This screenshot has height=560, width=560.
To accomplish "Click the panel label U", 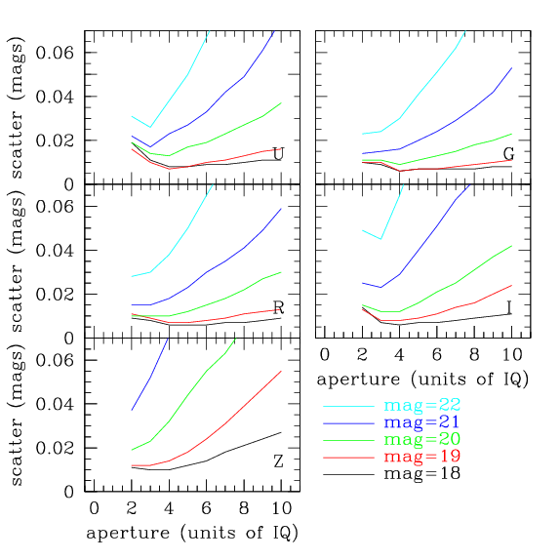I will click(x=278, y=154).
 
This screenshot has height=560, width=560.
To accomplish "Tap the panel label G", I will click(x=508, y=154).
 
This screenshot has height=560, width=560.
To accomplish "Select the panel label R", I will click(x=278, y=308).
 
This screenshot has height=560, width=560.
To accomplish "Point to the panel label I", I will click(x=508, y=308).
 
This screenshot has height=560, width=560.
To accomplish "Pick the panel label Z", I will click(x=278, y=461).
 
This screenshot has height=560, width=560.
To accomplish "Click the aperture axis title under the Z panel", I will click(x=192, y=533).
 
